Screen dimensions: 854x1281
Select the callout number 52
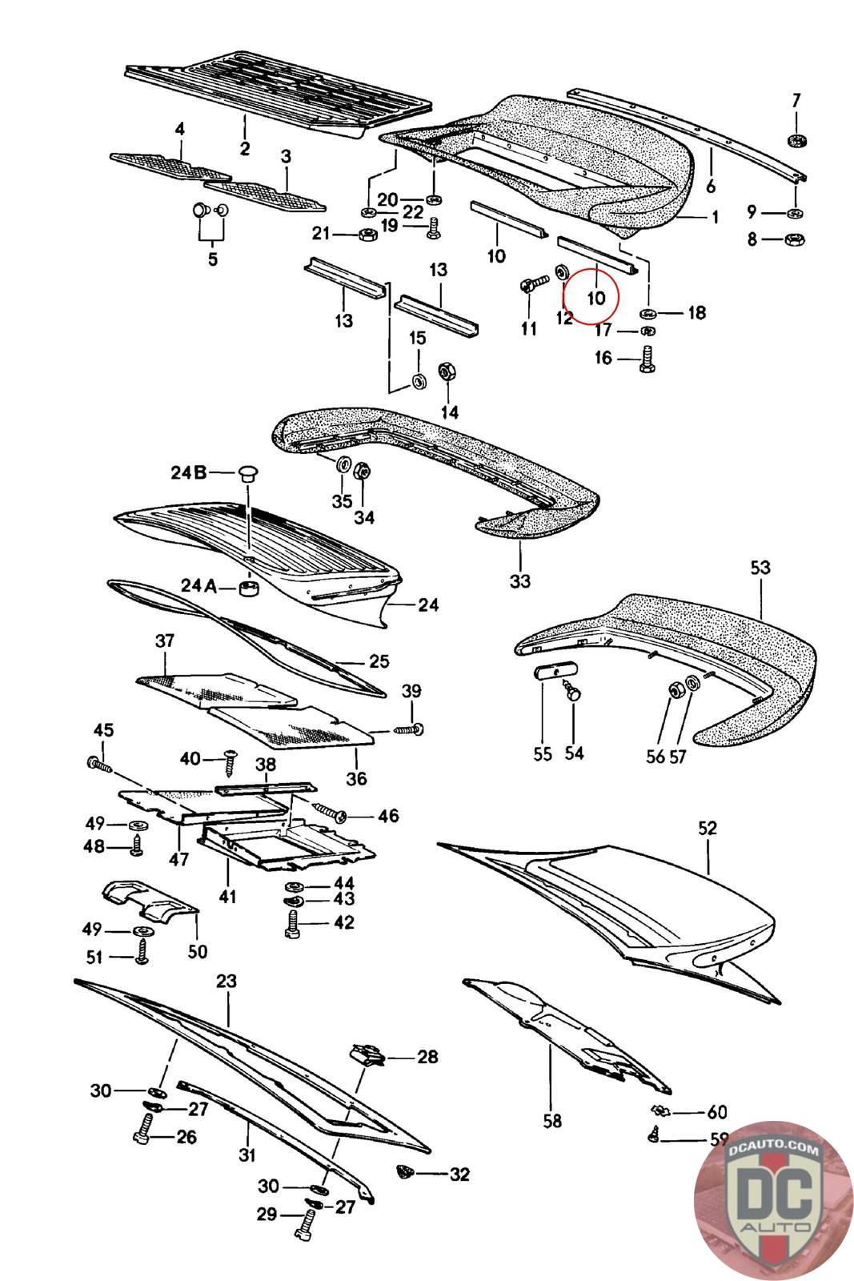tap(707, 828)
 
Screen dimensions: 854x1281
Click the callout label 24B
tap(189, 472)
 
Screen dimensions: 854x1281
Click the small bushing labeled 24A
tap(249, 588)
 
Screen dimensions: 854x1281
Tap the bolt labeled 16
tap(647, 358)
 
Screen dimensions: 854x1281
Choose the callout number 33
tap(520, 581)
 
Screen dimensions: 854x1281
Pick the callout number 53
tap(760, 568)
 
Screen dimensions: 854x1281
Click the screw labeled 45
tap(101, 764)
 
